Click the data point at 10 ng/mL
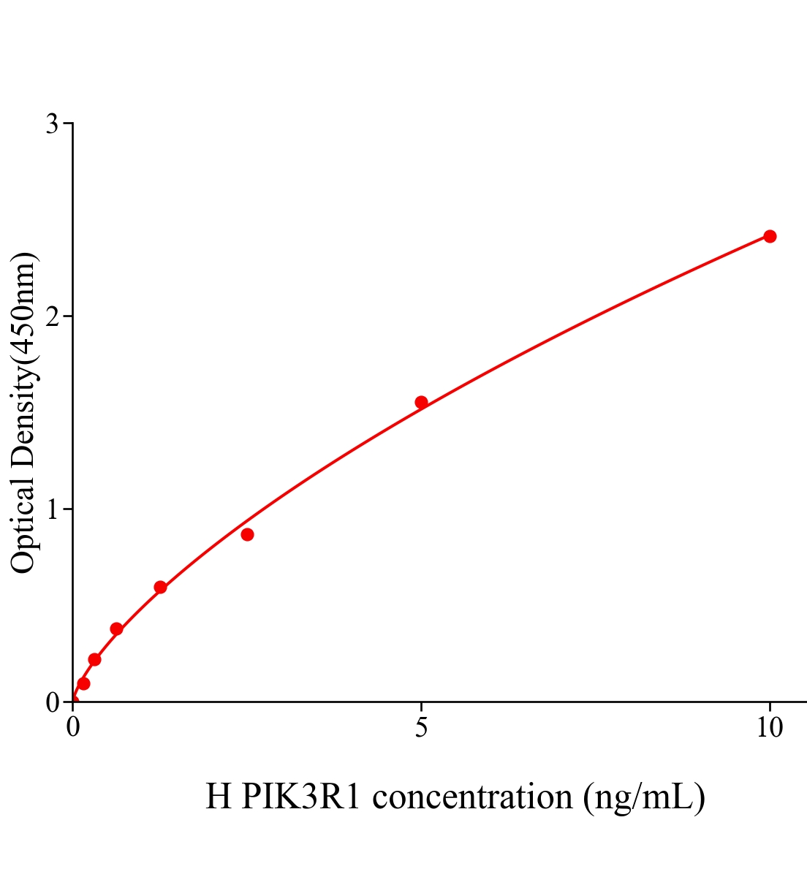pyautogui.click(x=770, y=236)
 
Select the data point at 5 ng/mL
pyautogui.click(x=421, y=402)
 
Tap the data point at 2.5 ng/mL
pyautogui.click(x=247, y=534)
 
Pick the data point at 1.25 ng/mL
pyautogui.click(x=160, y=587)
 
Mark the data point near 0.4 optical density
pyautogui.click(x=116, y=629)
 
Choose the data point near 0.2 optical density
pyautogui.click(x=94, y=659)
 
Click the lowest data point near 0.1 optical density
pyautogui.click(x=83, y=683)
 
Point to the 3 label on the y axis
pyautogui.click(x=52, y=124)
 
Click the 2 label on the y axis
pyautogui.click(x=52, y=316)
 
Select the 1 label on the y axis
pyautogui.click(x=52, y=509)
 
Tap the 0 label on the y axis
pyautogui.click(x=52, y=702)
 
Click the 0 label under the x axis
pyautogui.click(x=73, y=728)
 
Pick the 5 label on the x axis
pyautogui.click(x=421, y=728)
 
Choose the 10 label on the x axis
pyautogui.click(x=769, y=728)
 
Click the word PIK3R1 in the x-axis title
pyautogui.click(x=301, y=797)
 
